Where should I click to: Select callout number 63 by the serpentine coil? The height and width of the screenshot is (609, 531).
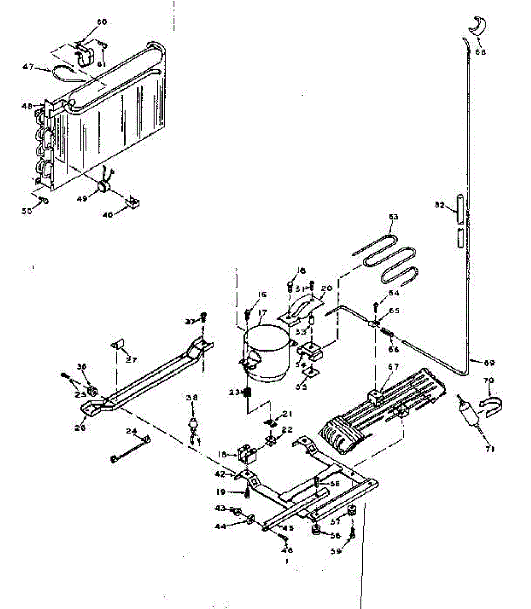click(x=393, y=217)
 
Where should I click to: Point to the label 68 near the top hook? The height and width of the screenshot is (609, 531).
click(x=480, y=52)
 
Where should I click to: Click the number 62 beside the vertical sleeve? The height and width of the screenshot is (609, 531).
click(x=440, y=205)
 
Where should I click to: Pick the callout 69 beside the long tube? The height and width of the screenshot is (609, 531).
click(x=489, y=363)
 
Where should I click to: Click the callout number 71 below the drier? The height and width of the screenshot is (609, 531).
click(x=490, y=449)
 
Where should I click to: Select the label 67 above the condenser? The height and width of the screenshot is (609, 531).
click(x=394, y=367)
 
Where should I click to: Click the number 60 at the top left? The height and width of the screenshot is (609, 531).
click(x=102, y=22)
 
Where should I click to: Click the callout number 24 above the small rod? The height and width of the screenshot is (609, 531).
click(x=131, y=432)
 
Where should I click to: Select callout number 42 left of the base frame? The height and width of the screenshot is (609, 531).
click(x=219, y=475)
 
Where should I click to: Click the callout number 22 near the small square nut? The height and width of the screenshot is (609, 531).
click(x=287, y=430)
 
